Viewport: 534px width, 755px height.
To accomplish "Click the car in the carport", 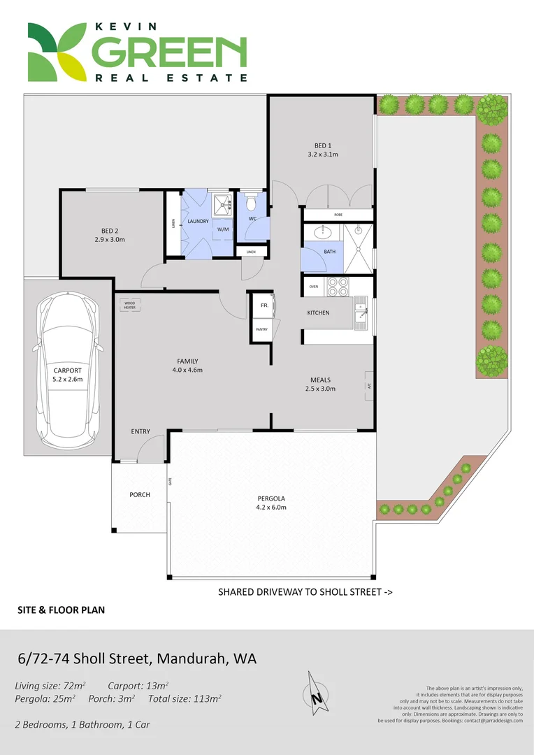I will coord(68,370).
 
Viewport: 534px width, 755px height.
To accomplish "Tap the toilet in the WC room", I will coord(252,203).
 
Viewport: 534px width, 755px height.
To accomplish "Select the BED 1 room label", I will coord(323,145).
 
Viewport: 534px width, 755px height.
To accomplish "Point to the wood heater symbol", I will coord(130,305).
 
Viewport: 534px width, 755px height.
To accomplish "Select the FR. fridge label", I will coord(265,305).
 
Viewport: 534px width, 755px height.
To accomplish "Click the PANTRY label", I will coord(262,329).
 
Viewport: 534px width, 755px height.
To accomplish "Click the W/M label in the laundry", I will coord(223,229).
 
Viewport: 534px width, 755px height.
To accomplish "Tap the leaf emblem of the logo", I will coord(55,52).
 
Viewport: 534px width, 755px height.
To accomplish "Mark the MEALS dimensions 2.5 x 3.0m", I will coord(323,389).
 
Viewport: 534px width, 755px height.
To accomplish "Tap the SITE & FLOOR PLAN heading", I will coord(61,610).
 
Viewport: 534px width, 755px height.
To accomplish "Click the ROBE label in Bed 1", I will coord(338,215).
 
